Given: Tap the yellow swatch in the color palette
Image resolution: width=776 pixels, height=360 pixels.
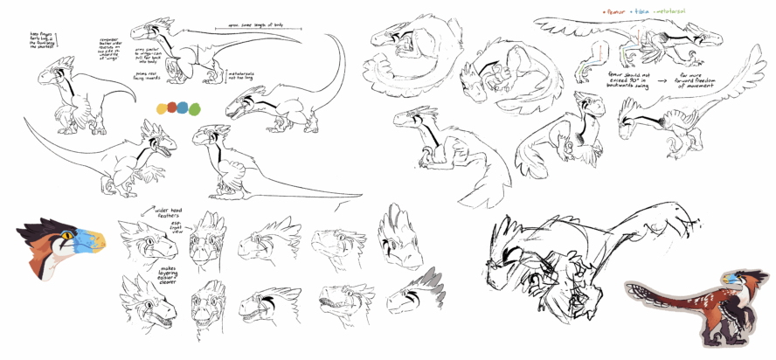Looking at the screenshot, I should pos(162,109).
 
